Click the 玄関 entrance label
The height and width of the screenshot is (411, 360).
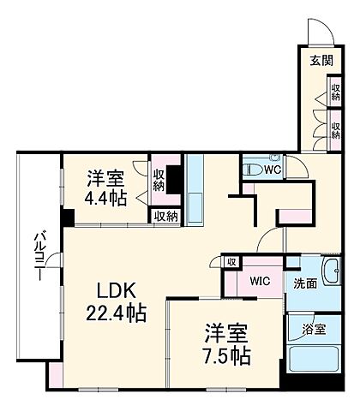tap(321, 60)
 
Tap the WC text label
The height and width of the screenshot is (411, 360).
tap(272, 170)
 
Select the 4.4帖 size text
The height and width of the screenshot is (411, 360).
tap(106, 199)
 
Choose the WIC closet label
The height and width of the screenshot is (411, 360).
tap(260, 281)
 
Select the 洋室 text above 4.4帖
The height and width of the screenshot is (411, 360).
tap(106, 179)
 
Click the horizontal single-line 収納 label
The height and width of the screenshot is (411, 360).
tap(167, 216)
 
